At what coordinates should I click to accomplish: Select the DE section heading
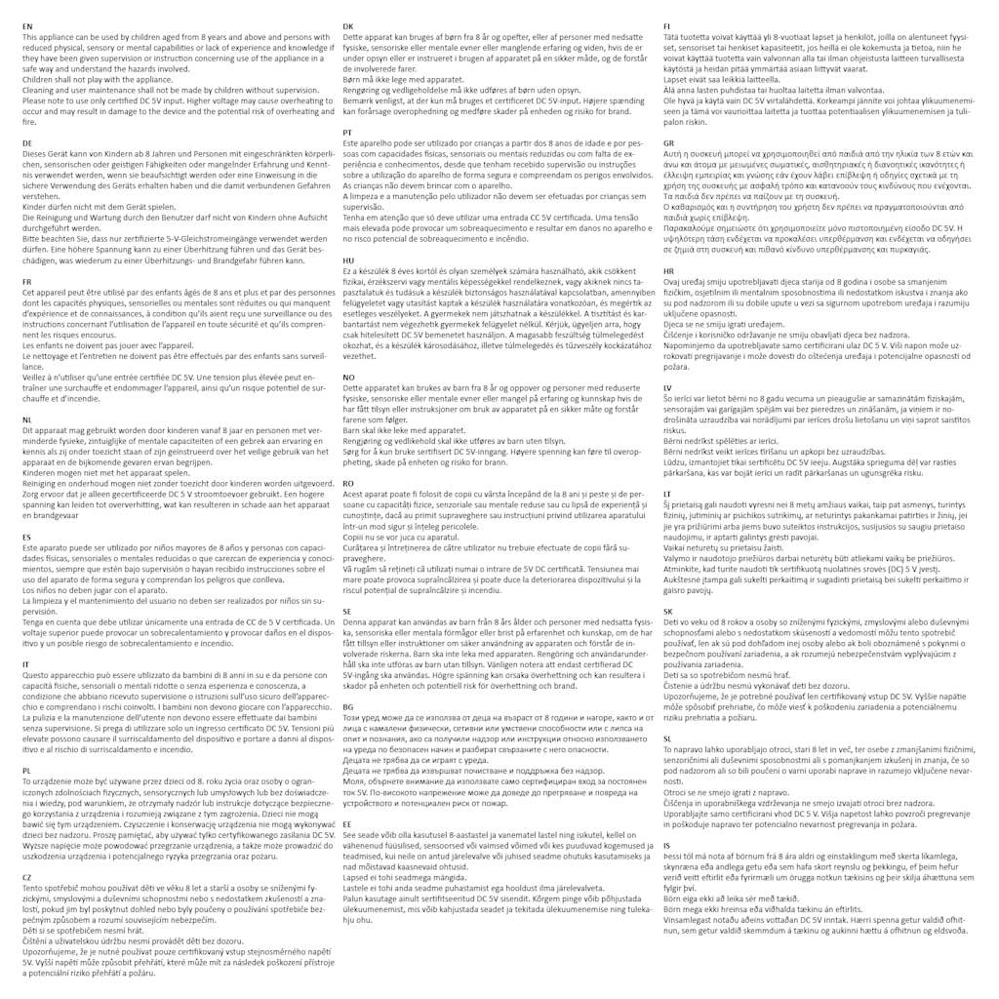point(27,142)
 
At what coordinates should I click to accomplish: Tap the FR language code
point(26,281)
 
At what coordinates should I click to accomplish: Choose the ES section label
point(26,537)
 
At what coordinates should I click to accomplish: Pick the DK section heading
point(348,24)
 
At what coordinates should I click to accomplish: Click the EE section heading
point(347,824)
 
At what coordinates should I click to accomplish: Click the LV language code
point(667,387)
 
